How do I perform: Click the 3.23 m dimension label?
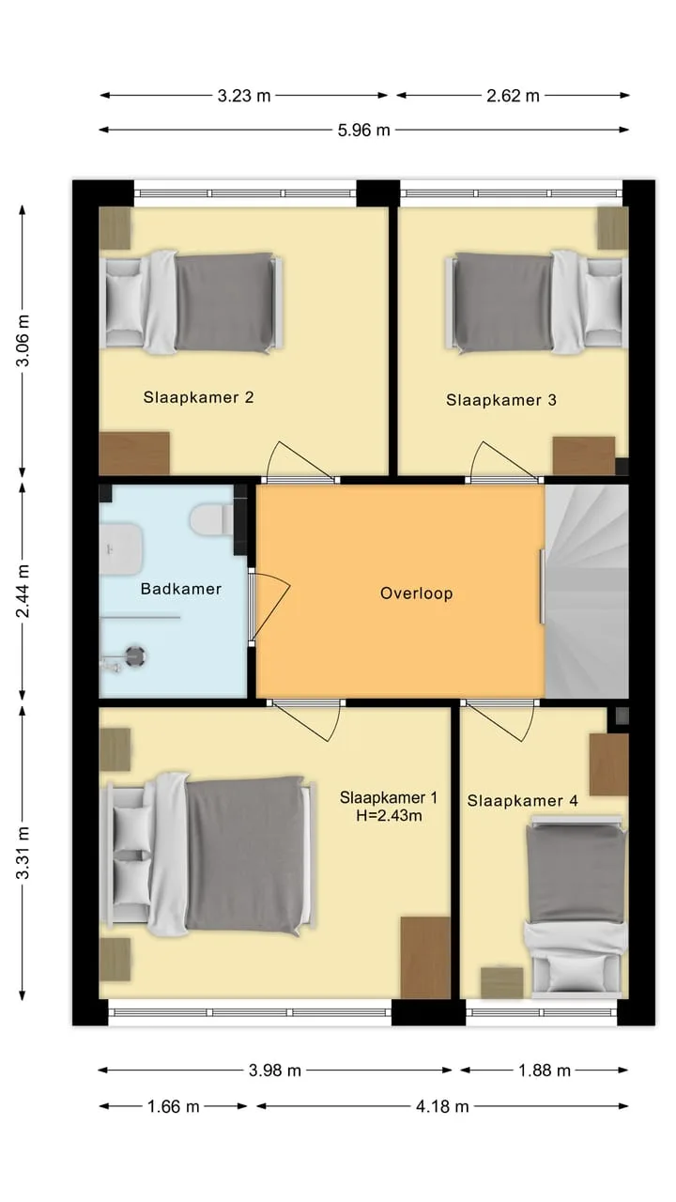(x=243, y=96)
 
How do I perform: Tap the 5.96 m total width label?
(x=363, y=131)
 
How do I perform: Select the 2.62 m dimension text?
(x=513, y=96)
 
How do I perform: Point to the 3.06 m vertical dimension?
(x=23, y=341)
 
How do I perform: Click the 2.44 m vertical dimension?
(x=23, y=591)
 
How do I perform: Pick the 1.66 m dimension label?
(x=174, y=1106)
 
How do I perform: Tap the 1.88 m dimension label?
(x=544, y=1071)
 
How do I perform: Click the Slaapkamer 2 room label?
(x=198, y=397)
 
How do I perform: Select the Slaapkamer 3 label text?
(x=501, y=400)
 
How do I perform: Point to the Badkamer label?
(x=181, y=589)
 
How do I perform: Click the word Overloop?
(x=417, y=593)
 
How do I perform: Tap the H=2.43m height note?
(x=389, y=816)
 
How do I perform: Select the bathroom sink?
(x=121, y=549)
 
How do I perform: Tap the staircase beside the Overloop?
(x=587, y=592)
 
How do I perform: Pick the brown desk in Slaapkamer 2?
(x=134, y=454)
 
